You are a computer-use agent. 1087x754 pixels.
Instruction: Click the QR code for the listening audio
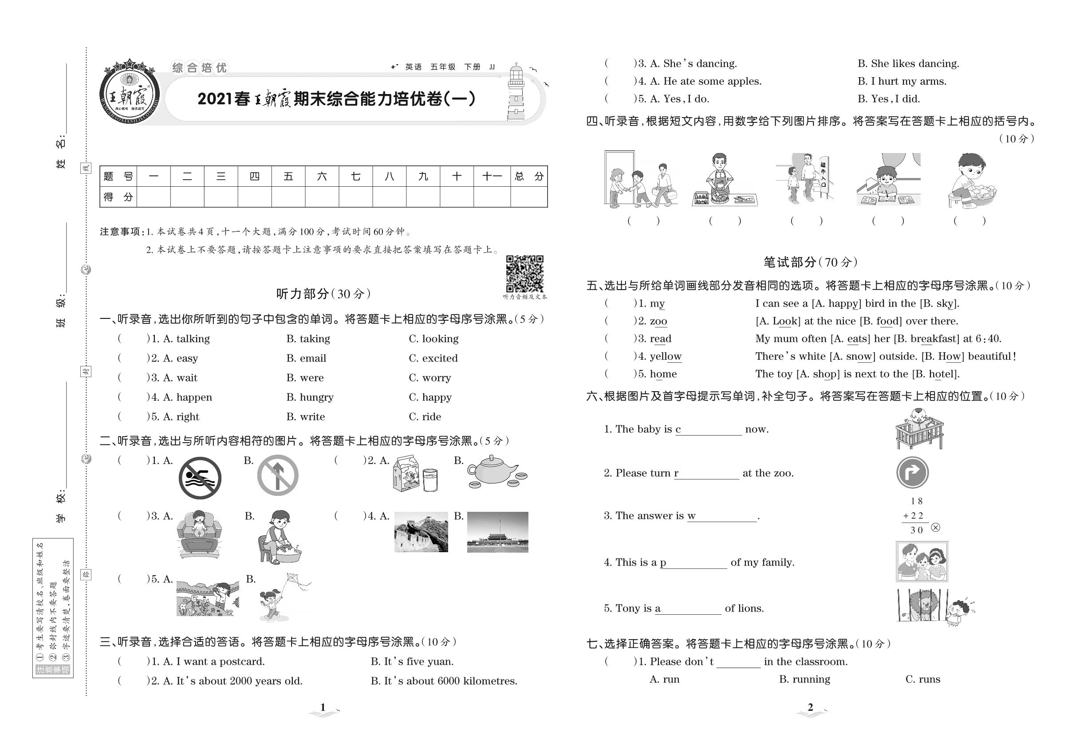point(524,274)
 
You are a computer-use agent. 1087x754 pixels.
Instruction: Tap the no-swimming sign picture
point(200,478)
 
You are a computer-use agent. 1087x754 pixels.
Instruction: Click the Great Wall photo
point(421,532)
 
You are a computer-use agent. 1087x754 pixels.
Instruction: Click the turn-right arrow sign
point(912,472)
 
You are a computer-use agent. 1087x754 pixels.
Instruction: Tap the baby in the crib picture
point(919,428)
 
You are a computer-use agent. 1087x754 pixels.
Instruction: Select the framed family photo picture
point(922,561)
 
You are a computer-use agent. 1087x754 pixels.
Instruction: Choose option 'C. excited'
point(433,358)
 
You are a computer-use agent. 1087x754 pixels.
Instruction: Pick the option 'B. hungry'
point(310,397)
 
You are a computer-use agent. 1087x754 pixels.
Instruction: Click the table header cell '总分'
point(529,177)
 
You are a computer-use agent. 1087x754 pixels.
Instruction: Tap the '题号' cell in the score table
point(118,177)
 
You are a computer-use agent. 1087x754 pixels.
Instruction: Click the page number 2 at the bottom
point(810,707)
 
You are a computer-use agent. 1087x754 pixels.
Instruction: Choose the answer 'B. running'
point(804,679)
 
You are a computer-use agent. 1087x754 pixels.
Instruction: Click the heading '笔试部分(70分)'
point(810,262)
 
